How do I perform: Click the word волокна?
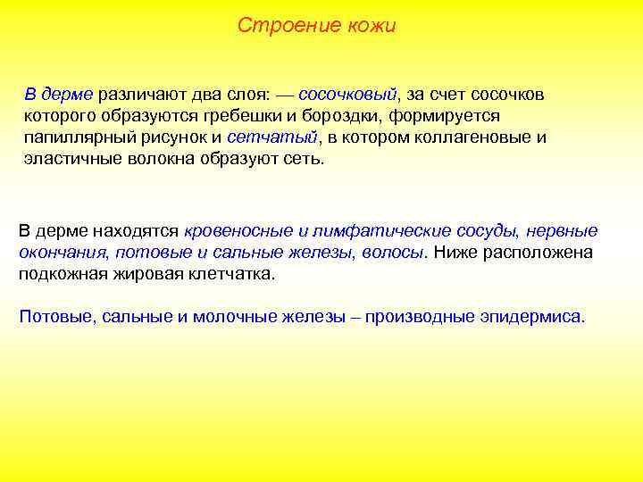[x=154, y=159]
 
